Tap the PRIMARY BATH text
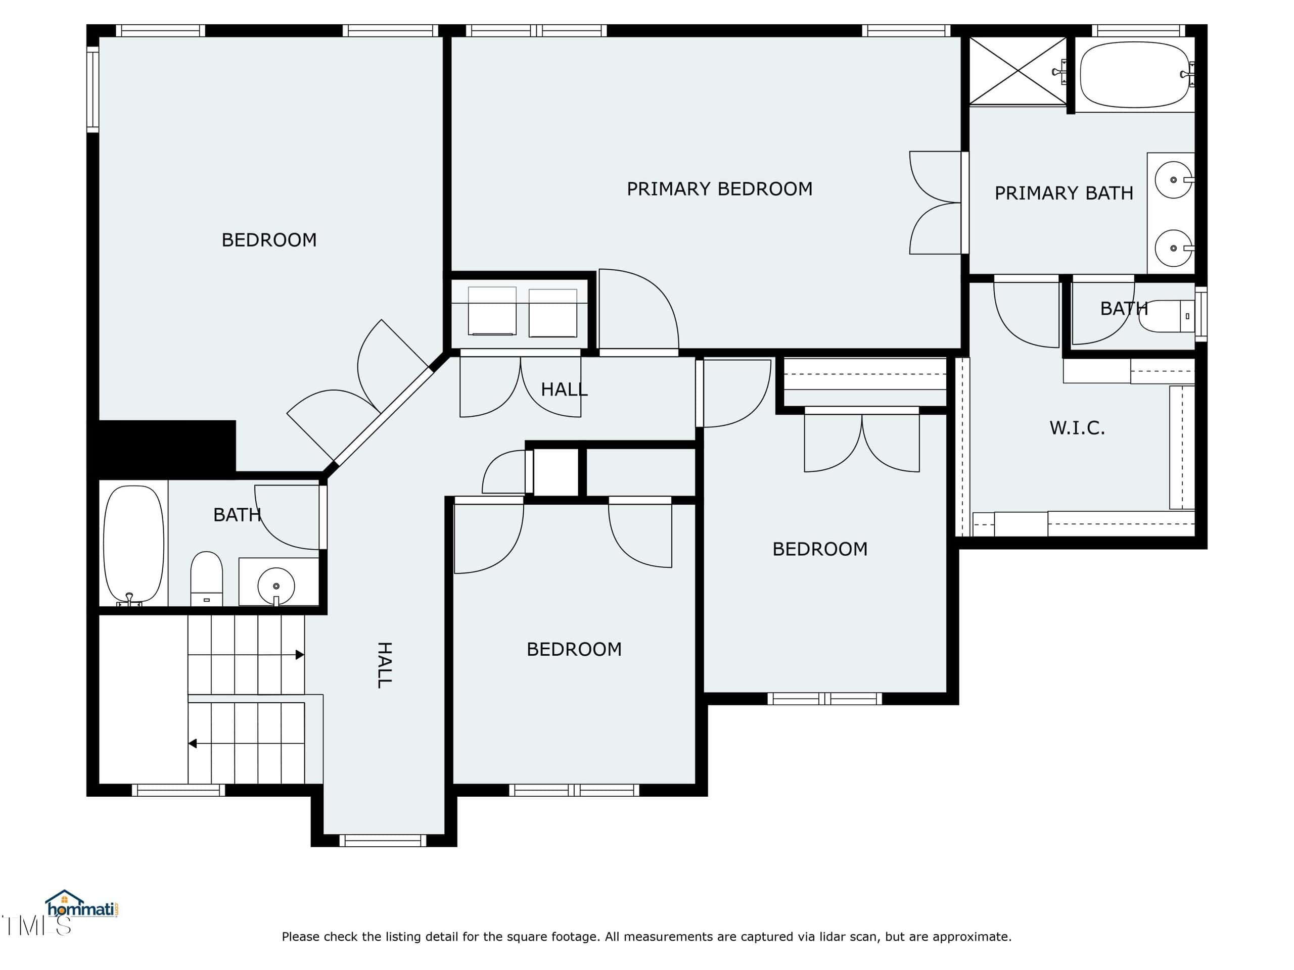point(1064,193)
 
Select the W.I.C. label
point(1077,428)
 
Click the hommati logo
point(82,904)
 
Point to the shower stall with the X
point(1018,71)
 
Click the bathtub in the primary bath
point(1134,74)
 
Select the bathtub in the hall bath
point(133,544)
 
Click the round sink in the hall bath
point(276,585)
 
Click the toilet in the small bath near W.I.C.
point(1168,316)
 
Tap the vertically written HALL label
point(384,665)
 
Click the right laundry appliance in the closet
point(553,313)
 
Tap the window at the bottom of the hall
point(383,841)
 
